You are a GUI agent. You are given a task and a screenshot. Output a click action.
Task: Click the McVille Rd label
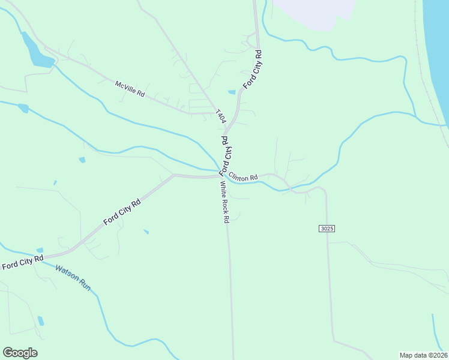click(130, 89)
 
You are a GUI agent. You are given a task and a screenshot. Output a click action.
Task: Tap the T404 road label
click(221, 116)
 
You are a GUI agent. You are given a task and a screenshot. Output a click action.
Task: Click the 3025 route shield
click(327, 229)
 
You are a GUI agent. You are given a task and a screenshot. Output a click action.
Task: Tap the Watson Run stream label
click(73, 277)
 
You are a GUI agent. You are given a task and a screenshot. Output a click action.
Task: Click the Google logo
click(20, 353)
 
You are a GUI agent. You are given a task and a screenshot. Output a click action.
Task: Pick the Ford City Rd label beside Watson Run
click(22, 262)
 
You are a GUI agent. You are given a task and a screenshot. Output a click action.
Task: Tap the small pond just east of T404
click(232, 92)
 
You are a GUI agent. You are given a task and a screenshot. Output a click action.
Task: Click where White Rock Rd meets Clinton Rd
click(219, 176)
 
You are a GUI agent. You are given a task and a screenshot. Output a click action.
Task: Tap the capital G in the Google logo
click(8, 353)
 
